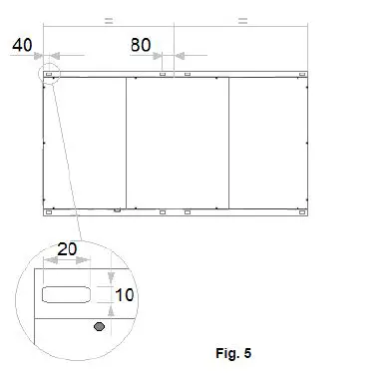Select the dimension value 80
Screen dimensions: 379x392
141,45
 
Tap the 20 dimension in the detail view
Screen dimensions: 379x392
67,252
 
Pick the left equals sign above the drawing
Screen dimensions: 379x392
109,19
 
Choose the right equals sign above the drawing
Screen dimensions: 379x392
242,19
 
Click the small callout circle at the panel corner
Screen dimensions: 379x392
48,74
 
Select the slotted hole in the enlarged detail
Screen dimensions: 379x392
66,294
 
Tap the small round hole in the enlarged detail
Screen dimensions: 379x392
98,326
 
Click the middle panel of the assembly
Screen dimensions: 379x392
178,143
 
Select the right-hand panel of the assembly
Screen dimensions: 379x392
267,143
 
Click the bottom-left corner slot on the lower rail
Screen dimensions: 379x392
48,211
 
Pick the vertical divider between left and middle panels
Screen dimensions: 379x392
126,143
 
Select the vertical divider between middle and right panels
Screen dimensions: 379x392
229,143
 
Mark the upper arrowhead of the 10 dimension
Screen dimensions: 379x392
112,277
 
